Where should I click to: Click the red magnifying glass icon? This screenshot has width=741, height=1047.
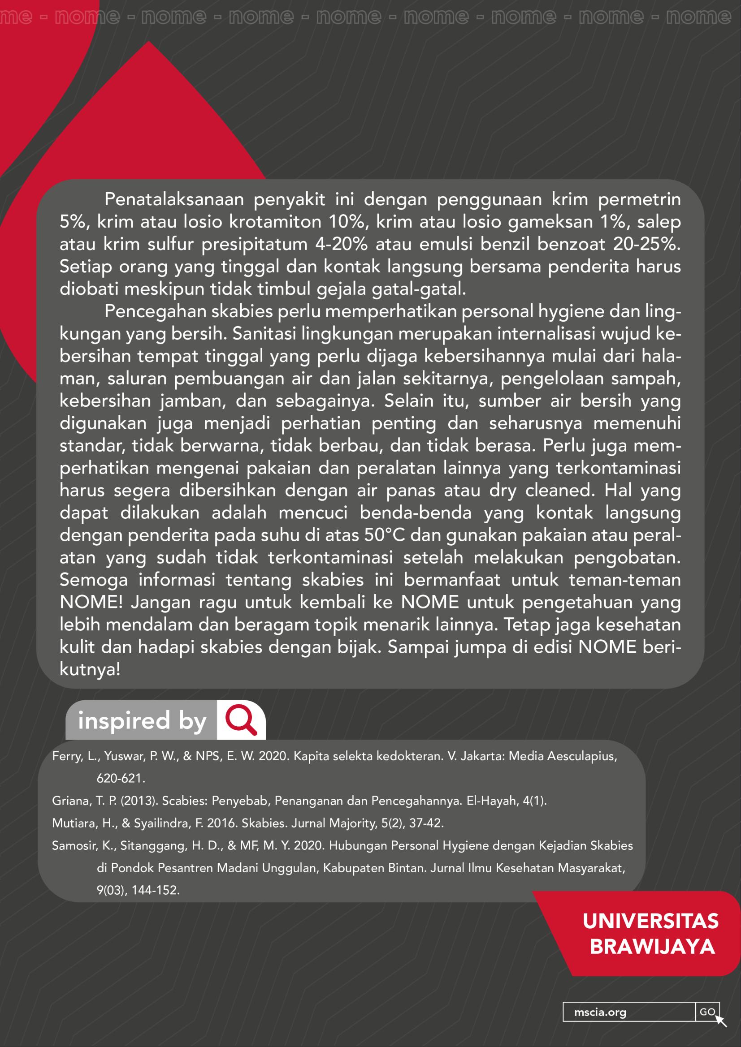tap(241, 720)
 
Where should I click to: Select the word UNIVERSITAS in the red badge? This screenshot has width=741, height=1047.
tap(650, 921)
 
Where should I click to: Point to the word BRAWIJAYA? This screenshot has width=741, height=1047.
tap(652, 947)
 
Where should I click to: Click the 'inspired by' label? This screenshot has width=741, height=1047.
tap(142, 721)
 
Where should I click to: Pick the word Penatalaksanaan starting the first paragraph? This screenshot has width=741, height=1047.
tap(174, 200)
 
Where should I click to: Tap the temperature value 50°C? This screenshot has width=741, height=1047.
tap(385, 535)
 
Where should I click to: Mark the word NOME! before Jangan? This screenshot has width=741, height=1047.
tap(91, 603)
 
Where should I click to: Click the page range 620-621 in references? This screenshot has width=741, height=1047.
tap(121, 778)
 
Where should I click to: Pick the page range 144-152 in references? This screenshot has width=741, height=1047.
tap(155, 890)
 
